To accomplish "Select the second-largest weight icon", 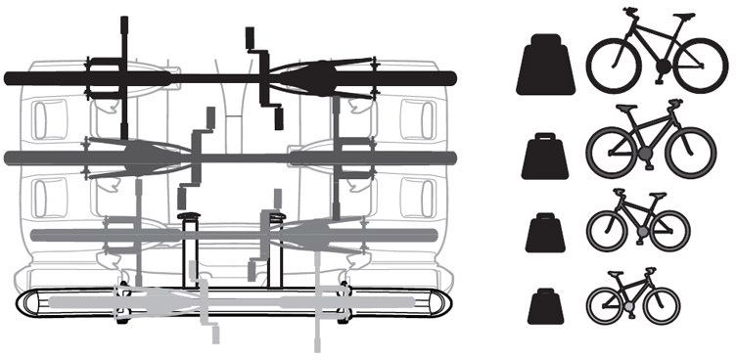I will (x=544, y=157).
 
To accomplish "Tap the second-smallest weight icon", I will (x=544, y=234).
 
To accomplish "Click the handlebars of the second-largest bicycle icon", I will (x=675, y=103).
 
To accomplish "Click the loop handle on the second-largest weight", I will (x=544, y=139).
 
